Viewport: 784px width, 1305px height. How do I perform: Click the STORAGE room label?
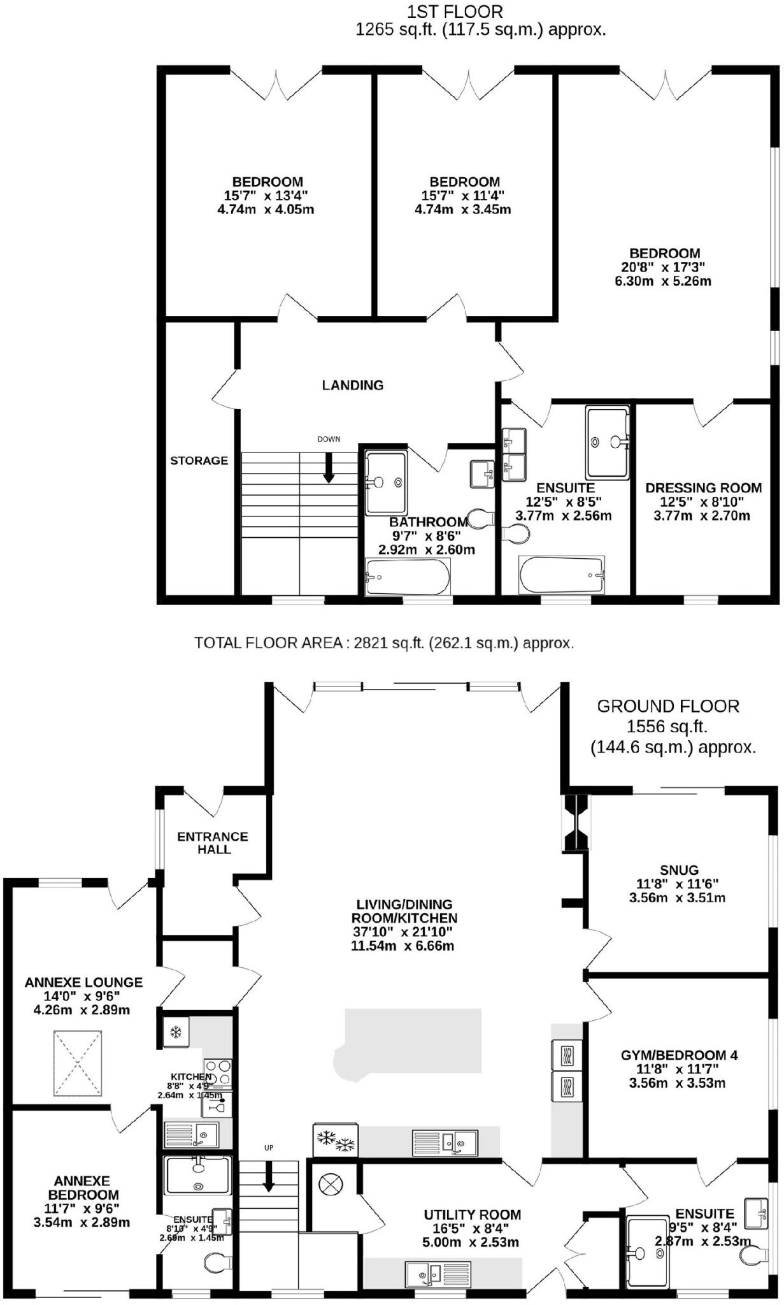coord(199,461)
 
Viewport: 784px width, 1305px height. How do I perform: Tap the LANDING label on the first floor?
coord(352,385)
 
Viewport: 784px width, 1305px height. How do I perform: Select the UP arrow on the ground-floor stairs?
coord(268,1176)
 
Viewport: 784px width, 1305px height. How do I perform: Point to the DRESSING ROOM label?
coord(703,488)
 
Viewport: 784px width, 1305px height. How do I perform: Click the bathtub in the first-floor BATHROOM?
coord(408,577)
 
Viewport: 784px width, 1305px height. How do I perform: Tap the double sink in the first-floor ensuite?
coord(515,454)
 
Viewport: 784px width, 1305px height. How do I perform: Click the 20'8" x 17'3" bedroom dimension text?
coord(663,267)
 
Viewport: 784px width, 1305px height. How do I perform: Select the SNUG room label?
coord(679,870)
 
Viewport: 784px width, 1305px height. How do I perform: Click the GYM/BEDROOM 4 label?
coord(679,1055)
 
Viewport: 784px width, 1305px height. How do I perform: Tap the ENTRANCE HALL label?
coord(213,842)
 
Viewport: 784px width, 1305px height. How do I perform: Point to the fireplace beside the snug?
coord(576,822)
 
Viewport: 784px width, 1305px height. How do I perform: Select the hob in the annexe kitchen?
coord(218,1072)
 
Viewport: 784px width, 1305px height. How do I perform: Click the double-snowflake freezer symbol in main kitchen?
coord(336,1140)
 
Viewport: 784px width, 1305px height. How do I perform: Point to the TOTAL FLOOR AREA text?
coord(384,643)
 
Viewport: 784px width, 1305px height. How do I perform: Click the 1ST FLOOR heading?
coord(455,11)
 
